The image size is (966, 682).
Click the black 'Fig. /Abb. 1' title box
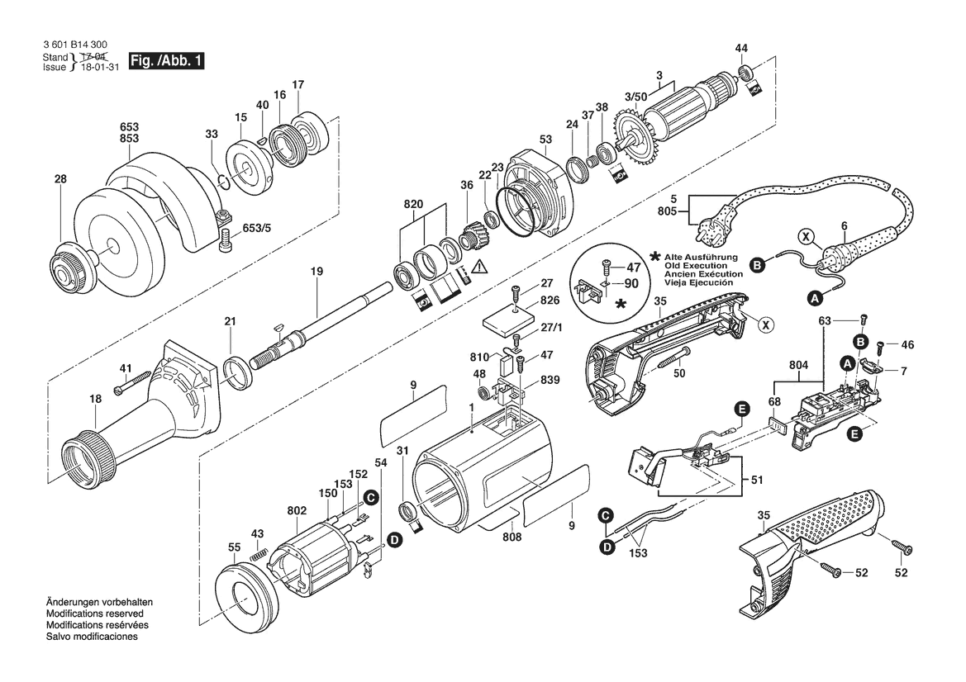click(166, 61)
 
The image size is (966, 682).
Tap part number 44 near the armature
click(741, 48)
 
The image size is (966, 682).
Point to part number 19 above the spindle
click(316, 271)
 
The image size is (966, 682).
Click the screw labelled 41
click(132, 383)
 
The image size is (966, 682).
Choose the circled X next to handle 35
click(765, 324)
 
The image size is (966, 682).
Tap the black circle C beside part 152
click(370, 497)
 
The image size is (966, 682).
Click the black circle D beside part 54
click(394, 541)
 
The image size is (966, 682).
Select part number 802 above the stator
click(297, 510)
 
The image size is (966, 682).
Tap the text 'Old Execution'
click(696, 265)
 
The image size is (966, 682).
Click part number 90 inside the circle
click(631, 284)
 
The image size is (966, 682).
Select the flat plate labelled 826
click(508, 320)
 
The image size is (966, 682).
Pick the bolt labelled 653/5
click(226, 239)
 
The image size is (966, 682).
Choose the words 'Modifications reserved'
click(95, 613)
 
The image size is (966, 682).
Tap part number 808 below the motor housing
click(512, 537)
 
